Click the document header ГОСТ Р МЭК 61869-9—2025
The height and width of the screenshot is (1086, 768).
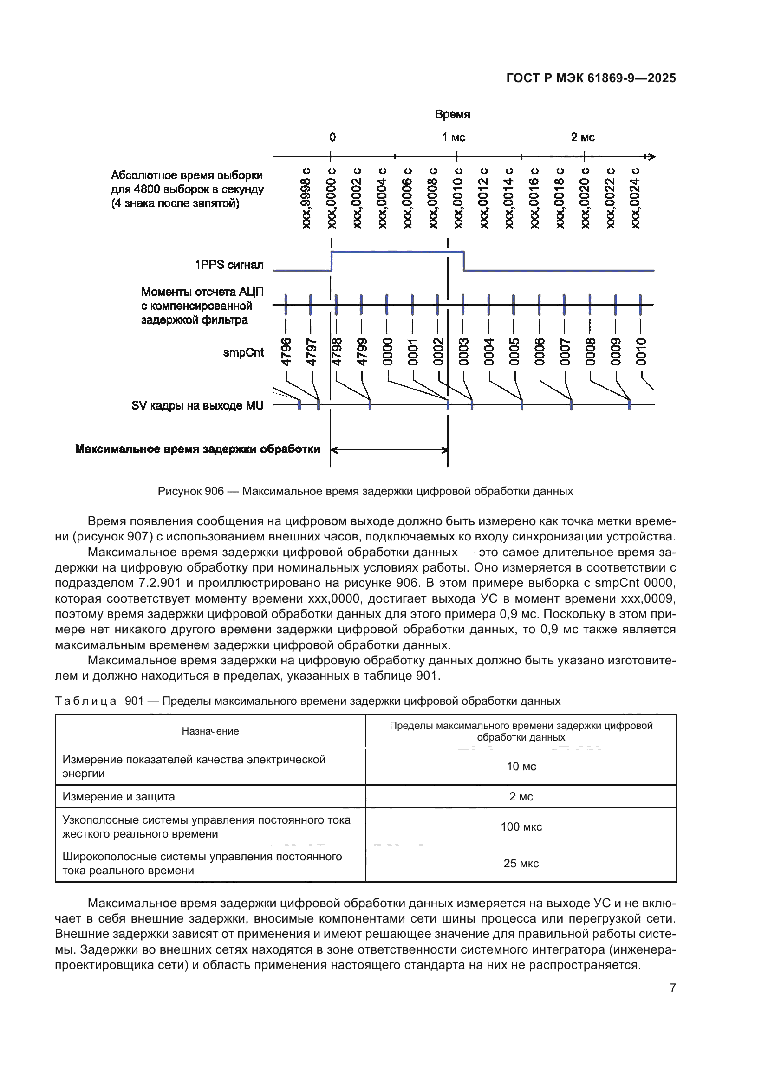tap(591, 78)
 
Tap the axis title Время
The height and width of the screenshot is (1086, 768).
tap(452, 115)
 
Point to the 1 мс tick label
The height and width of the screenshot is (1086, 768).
tap(454, 137)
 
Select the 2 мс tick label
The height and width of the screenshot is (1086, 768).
tap(582, 137)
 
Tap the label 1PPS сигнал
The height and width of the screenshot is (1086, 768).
tap(229, 265)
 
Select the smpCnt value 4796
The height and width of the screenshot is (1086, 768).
tap(286, 352)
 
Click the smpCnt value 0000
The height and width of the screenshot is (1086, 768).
tap(387, 352)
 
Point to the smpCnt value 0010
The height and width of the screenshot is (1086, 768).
tap(641, 352)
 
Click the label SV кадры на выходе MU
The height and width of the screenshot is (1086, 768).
tap(197, 406)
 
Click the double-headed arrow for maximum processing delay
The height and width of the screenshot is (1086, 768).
tap(389, 450)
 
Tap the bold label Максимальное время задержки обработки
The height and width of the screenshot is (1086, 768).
tap(198, 449)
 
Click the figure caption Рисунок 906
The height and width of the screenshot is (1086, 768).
tap(365, 491)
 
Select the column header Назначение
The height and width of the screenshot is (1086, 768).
tap(210, 731)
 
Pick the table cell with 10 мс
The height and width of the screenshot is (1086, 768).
tap(521, 767)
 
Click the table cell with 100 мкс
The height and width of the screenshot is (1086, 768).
tap(521, 827)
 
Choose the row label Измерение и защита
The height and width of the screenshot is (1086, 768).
tap(119, 797)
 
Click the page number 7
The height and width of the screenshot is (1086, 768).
tap(672, 988)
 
